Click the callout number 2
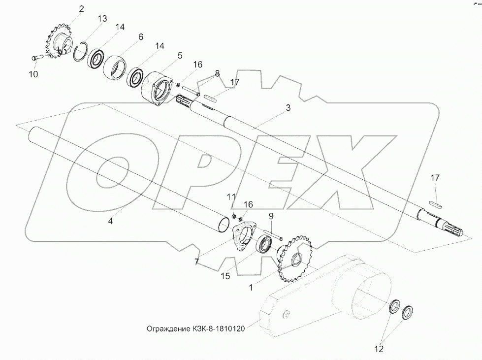pyautogui.click(x=81, y=8)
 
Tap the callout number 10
pyautogui.click(x=33, y=74)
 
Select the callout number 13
pyautogui.click(x=102, y=18)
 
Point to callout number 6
pyautogui.click(x=140, y=37)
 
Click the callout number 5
pyautogui.click(x=180, y=56)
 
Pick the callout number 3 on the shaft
pyautogui.click(x=288, y=108)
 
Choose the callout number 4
pyautogui.click(x=110, y=221)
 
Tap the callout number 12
pyautogui.click(x=379, y=349)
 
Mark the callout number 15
pyautogui.click(x=225, y=276)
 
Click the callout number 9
pyautogui.click(x=271, y=216)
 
